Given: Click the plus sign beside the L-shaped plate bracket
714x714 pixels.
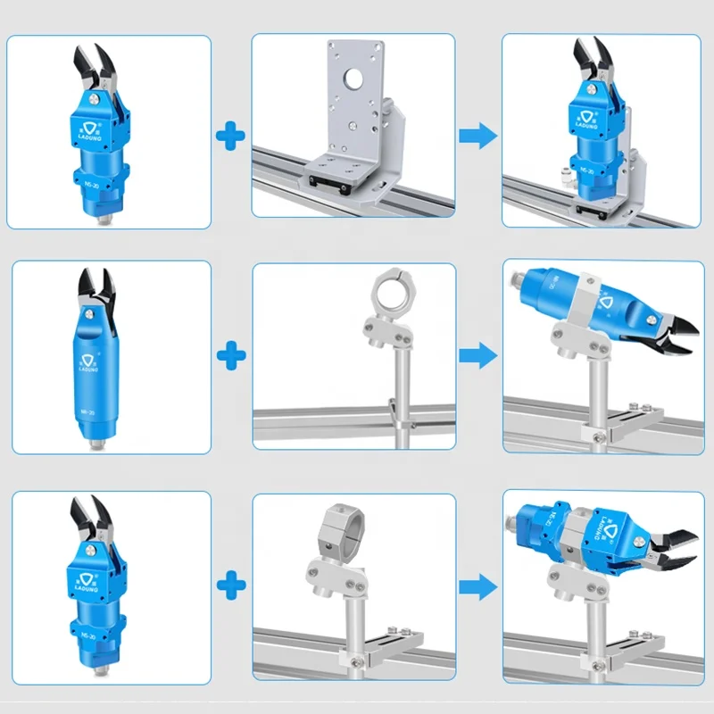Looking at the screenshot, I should tap(231, 137).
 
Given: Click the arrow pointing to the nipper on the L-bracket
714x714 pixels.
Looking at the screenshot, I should tap(477, 137).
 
